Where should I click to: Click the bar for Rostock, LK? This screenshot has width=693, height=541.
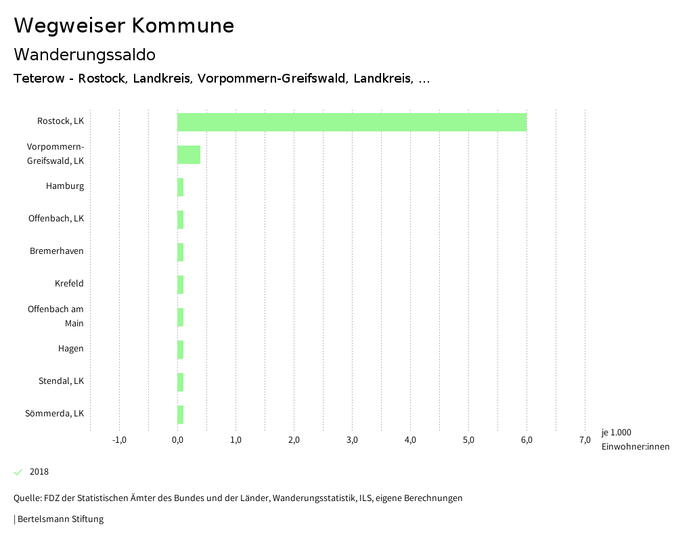tap(352, 122)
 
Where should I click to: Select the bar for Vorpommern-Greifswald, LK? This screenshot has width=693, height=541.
tap(189, 154)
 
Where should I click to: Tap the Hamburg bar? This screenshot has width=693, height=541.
tap(181, 187)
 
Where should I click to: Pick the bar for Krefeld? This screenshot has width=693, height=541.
tap(181, 284)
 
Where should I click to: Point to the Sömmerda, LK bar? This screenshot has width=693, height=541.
tap(181, 414)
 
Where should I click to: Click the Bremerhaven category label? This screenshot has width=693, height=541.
tap(57, 251)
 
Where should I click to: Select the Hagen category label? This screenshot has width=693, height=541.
tap(71, 349)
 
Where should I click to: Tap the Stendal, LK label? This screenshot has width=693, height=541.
tap(61, 381)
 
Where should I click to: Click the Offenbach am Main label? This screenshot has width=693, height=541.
tap(55, 316)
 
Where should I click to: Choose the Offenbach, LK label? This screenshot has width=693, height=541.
tap(56, 219)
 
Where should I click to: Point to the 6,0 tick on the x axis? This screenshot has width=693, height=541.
tap(527, 440)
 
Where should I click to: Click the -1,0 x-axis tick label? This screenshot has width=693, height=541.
tap(119, 440)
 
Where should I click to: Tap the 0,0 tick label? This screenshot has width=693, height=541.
tap(177, 440)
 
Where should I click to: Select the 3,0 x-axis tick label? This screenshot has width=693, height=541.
tap(352, 440)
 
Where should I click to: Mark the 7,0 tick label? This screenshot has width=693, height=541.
tap(585, 440)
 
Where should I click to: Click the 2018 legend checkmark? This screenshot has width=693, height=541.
tap(18, 472)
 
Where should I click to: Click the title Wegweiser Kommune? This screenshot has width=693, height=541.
tap(124, 26)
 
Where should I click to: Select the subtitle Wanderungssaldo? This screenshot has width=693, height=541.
tap(85, 54)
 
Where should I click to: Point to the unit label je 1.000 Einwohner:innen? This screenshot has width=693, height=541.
tap(635, 439)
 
